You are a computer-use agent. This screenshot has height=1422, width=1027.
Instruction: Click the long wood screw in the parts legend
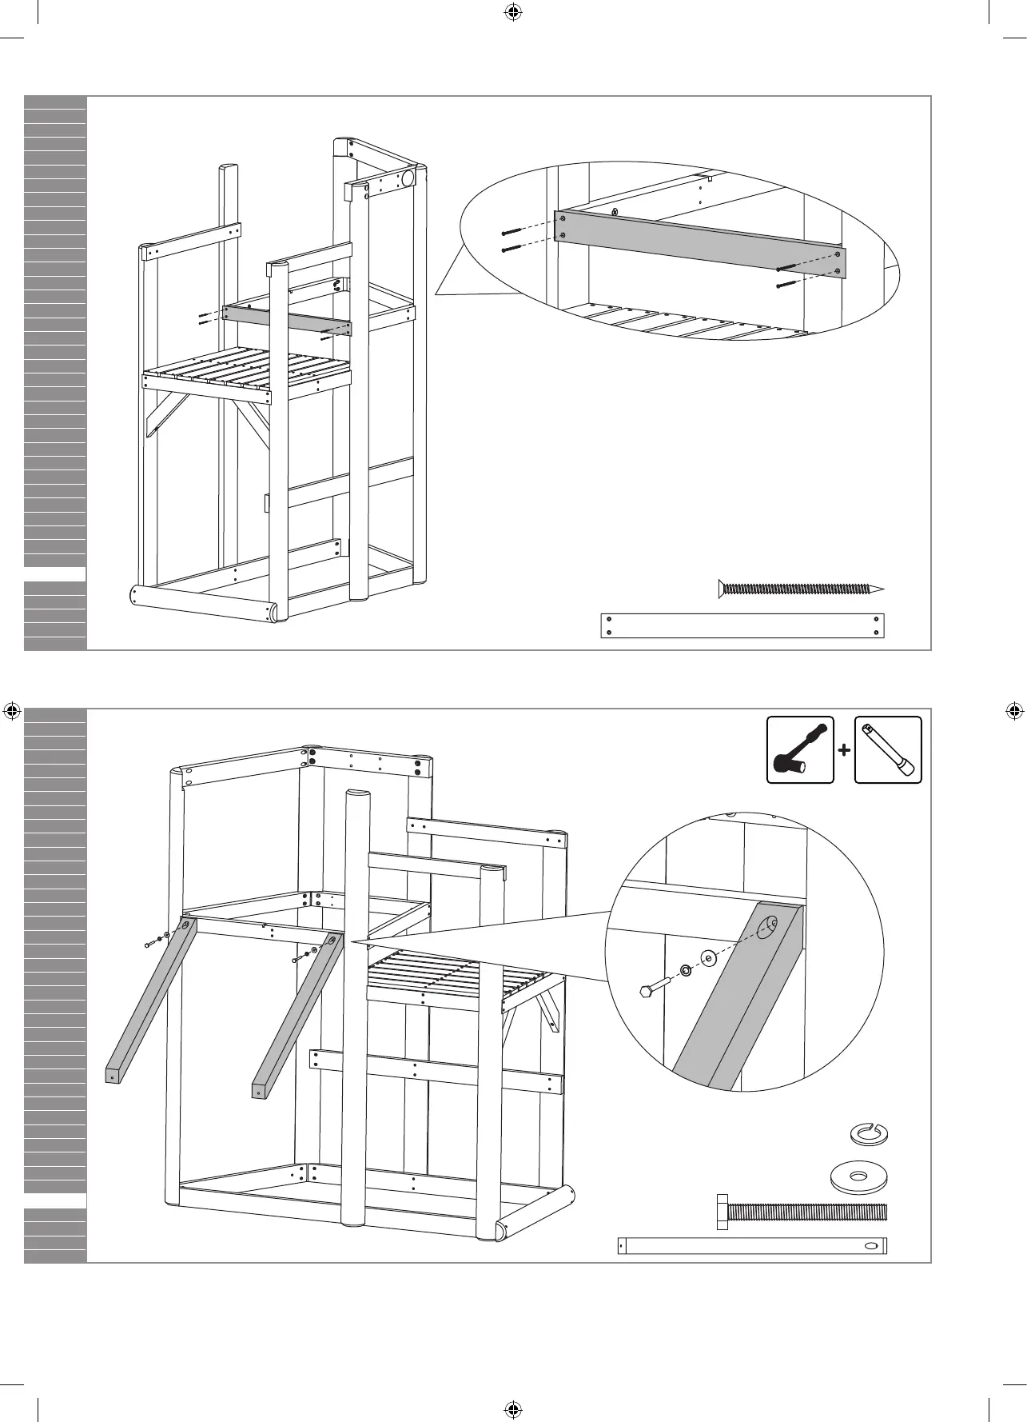click(799, 589)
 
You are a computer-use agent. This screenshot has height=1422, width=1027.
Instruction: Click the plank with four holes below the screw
click(742, 625)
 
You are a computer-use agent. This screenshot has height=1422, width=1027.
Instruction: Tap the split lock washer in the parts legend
click(869, 1132)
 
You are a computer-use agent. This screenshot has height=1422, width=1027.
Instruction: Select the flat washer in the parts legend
click(859, 1176)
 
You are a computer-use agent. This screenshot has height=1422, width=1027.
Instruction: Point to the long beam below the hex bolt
click(752, 1245)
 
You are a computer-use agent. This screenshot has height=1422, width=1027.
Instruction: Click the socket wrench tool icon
click(800, 749)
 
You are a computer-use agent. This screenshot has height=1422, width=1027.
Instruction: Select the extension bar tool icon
click(888, 749)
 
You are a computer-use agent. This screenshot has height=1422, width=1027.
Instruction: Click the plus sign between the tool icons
click(844, 750)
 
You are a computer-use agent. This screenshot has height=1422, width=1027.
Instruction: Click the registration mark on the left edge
click(12, 710)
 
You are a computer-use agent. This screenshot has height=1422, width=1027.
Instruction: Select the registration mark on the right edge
click(1013, 710)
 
